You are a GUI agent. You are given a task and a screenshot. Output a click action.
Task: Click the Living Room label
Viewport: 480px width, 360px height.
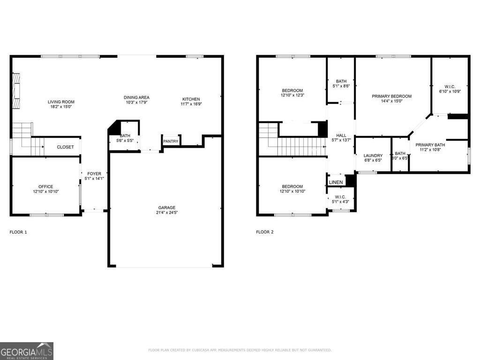61,102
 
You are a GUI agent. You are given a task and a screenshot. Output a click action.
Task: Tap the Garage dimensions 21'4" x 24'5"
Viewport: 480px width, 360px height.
166,212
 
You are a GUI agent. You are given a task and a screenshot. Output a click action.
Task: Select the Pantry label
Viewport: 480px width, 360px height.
170,141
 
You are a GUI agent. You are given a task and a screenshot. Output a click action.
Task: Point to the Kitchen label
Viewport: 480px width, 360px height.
191,99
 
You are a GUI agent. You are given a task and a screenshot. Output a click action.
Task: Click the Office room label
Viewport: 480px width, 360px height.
45,187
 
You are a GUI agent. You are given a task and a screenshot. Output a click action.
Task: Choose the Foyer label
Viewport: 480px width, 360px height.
94,174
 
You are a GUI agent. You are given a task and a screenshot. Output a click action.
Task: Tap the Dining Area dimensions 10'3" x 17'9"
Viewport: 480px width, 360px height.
136,102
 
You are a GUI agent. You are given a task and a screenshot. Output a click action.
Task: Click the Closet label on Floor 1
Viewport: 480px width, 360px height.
65,147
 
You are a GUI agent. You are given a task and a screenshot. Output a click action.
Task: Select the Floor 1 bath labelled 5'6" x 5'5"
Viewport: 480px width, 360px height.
125,138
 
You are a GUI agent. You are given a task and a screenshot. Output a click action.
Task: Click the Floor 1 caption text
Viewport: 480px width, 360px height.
18,232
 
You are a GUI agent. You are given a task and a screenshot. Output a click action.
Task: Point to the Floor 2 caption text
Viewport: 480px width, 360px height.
265,232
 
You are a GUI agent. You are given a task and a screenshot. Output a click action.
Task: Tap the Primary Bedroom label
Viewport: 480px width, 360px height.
392,96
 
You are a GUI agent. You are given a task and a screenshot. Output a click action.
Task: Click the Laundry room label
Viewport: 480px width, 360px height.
373,156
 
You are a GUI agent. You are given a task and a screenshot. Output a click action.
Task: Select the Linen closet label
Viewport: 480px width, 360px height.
336,182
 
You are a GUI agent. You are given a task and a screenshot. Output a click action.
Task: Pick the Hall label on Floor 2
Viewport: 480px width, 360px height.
341,135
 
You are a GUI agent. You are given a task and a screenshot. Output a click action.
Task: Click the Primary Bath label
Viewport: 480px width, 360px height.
430,145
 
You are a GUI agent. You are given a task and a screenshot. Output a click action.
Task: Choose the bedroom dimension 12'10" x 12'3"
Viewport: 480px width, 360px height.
292,95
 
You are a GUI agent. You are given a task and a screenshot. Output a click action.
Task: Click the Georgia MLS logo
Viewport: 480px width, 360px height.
27,351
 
